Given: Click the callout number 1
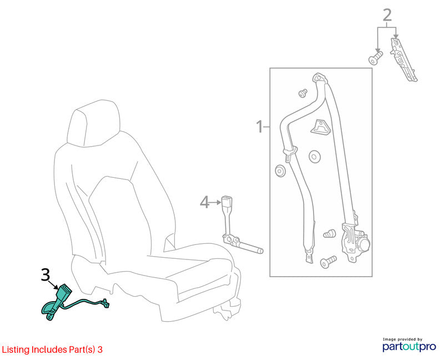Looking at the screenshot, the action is (259, 127).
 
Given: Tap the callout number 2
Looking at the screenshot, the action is (387, 15).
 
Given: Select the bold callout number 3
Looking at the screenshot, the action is (46, 274).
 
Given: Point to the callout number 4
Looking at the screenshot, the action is (204, 202).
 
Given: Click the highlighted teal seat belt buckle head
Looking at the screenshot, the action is (64, 291).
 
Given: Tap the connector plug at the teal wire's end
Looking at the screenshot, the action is (105, 303).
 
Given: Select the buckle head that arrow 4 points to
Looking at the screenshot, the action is (226, 201).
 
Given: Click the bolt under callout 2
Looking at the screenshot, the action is (376, 58).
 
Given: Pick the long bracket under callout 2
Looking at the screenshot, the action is (403, 60).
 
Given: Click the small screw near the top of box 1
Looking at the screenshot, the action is (303, 93).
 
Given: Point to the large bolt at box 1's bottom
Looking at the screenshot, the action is (328, 262).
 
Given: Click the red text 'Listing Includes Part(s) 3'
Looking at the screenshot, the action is (52, 349).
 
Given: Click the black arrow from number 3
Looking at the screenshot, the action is (54, 284).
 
